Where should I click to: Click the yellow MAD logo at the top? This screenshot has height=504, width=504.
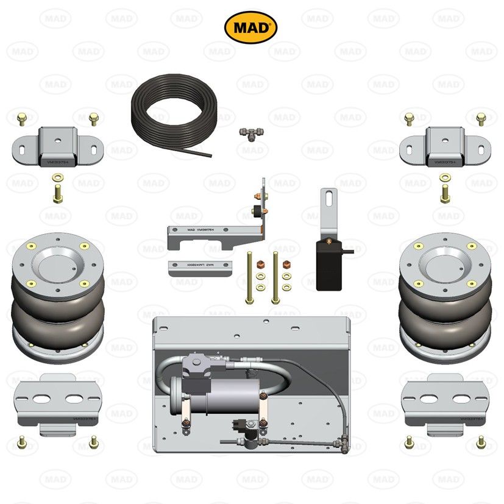coord(251,27)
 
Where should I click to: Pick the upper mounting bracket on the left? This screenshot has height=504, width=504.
coord(58,147)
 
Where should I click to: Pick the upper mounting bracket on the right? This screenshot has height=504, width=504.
coord(445,147)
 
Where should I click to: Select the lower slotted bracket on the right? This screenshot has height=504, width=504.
coord(445,405)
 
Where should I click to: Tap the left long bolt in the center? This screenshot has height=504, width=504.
coord(249,277)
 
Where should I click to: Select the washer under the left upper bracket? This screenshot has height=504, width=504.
coord(57,177)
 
